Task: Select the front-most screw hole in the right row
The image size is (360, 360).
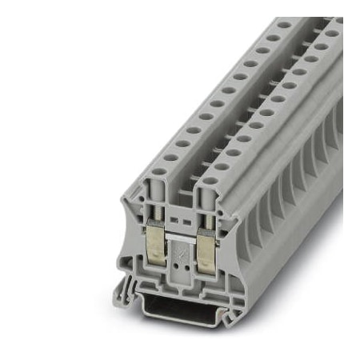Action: click(x=209, y=181)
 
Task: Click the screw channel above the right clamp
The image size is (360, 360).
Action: click(x=206, y=207)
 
